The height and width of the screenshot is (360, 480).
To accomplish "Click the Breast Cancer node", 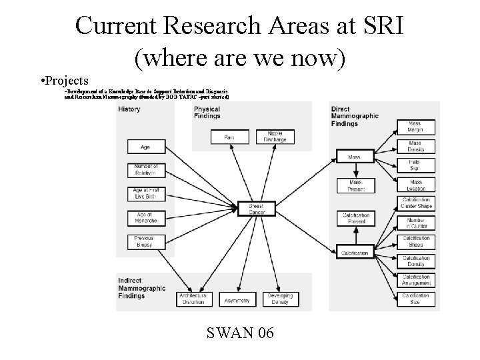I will pos(256,209).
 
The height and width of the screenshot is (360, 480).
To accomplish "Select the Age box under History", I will pos(145,147).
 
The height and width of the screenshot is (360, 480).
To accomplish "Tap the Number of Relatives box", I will pos(145,169).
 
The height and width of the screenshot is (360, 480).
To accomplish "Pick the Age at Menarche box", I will pos(145,217).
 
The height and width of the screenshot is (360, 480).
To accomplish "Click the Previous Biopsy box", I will pos(145,241).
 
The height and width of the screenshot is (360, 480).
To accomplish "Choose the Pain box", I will pos(229,137).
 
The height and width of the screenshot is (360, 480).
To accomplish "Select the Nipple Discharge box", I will pos(275,137).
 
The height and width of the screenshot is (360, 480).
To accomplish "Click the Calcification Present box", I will pos(355,218).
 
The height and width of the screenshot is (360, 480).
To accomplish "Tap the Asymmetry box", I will pos(237,301).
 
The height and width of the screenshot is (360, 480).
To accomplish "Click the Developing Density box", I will pos(280,299).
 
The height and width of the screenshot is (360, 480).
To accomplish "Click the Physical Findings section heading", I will pos(207,113).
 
